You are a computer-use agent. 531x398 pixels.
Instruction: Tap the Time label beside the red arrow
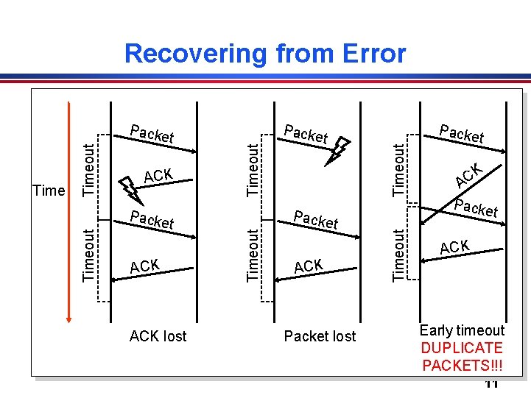coord(49,191)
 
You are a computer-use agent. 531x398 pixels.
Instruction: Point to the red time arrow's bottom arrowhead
coord(68,317)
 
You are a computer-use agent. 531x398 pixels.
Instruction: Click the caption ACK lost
coord(158,336)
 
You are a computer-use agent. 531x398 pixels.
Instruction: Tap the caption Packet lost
coord(320,336)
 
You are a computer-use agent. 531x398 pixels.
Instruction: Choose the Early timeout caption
coord(462,330)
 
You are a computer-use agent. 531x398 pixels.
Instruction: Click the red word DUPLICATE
coord(462,348)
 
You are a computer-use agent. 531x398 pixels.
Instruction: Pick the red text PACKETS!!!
coord(462,365)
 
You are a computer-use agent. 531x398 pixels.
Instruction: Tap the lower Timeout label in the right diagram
coord(398,255)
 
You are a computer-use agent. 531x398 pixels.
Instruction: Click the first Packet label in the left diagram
coord(152,133)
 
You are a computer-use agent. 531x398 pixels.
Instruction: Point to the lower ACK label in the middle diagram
coord(308,266)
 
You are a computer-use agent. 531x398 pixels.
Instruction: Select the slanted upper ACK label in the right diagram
coord(468,174)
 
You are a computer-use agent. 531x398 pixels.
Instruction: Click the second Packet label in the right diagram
coord(477,208)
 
